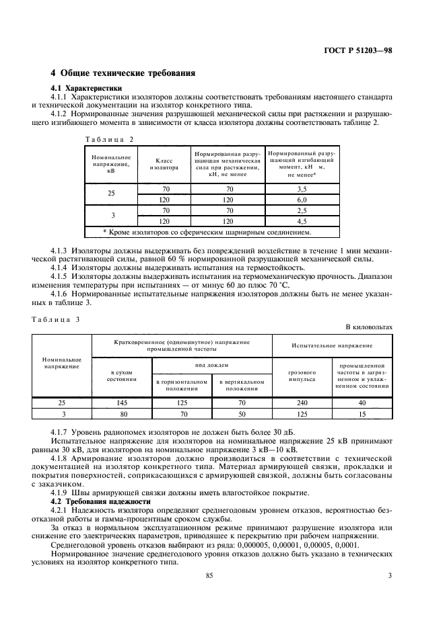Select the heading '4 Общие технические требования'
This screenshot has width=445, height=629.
(x=124, y=73)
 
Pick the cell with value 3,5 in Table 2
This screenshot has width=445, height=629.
(x=302, y=190)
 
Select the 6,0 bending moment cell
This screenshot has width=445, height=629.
(x=302, y=200)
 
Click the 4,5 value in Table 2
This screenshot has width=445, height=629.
(x=302, y=220)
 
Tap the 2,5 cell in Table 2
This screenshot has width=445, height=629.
(x=302, y=210)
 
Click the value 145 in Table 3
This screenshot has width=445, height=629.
(x=122, y=403)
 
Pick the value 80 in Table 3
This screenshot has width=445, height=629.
(x=122, y=413)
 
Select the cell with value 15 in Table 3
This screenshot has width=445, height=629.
(x=362, y=413)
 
